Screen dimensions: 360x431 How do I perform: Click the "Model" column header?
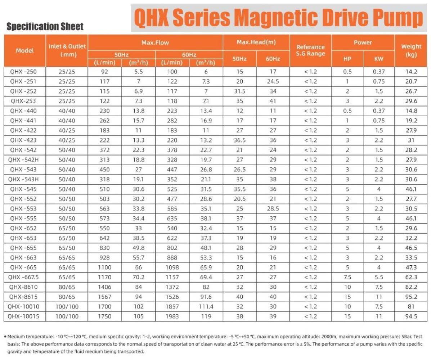25,50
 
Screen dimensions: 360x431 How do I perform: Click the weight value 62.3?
411,277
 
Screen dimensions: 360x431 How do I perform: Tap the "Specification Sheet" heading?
45,26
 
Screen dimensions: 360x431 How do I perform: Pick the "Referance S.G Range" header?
310,50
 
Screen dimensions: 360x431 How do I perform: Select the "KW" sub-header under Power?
379,59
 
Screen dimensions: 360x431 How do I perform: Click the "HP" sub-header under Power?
347,59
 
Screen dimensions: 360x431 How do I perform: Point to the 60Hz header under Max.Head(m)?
273,59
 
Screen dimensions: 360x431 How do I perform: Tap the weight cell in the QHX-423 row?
411,140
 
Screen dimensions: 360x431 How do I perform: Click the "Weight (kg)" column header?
411,50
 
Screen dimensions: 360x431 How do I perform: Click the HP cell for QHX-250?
347,72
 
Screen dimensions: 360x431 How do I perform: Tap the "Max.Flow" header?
155,42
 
